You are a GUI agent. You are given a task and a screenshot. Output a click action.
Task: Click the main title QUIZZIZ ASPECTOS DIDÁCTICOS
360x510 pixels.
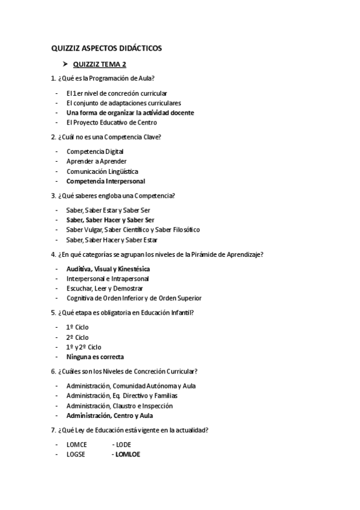pos(106,48)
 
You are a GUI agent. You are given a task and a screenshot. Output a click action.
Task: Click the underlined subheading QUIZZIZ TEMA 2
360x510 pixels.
pos(99,64)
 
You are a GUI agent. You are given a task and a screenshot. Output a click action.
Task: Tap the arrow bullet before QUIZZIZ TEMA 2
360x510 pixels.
pos(60,64)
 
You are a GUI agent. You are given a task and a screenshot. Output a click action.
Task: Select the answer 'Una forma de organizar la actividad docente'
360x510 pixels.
pos(130,112)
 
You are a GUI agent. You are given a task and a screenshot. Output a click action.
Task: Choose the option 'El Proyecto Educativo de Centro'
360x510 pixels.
pos(112,122)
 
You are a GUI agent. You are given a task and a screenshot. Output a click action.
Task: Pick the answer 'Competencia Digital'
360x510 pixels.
pos(95,152)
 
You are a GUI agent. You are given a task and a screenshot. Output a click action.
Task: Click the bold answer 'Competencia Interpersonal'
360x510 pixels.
pos(106,181)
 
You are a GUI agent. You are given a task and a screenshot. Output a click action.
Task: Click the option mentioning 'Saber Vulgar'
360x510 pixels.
pos(133,230)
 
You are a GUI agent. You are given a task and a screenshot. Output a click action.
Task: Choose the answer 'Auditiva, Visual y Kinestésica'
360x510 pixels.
pos(108,269)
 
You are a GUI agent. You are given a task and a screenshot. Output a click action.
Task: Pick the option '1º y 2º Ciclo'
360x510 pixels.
pos(84,347)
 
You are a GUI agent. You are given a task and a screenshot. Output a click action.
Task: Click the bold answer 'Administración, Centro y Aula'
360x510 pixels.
pos(110,416)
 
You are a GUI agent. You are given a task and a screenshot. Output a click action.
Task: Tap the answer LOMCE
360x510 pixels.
pos(77,445)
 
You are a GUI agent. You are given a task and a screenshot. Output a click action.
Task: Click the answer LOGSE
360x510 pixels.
pos(76,455)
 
